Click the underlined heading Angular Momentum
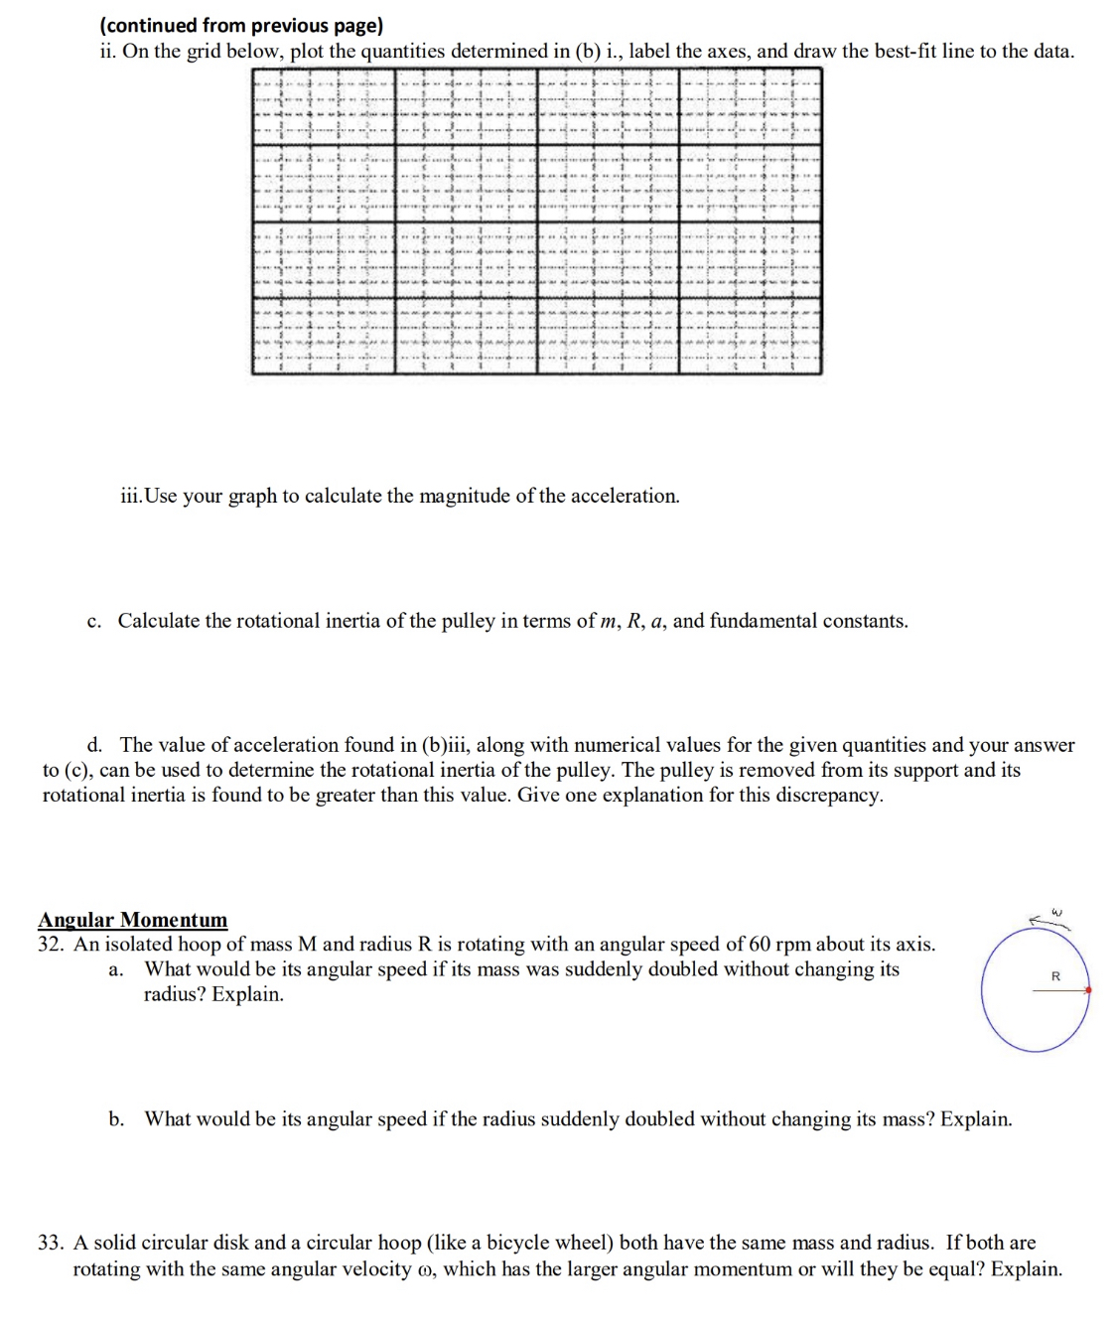click(x=132, y=920)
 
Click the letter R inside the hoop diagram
click(x=1055, y=976)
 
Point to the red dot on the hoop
click(x=1088, y=990)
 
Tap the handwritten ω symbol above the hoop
click(x=1056, y=911)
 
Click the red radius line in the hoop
click(x=1059, y=991)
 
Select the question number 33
click(x=51, y=1243)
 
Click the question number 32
click(x=51, y=945)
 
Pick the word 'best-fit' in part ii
click(x=905, y=52)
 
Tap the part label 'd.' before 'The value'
click(x=94, y=746)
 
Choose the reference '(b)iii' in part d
click(x=443, y=746)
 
